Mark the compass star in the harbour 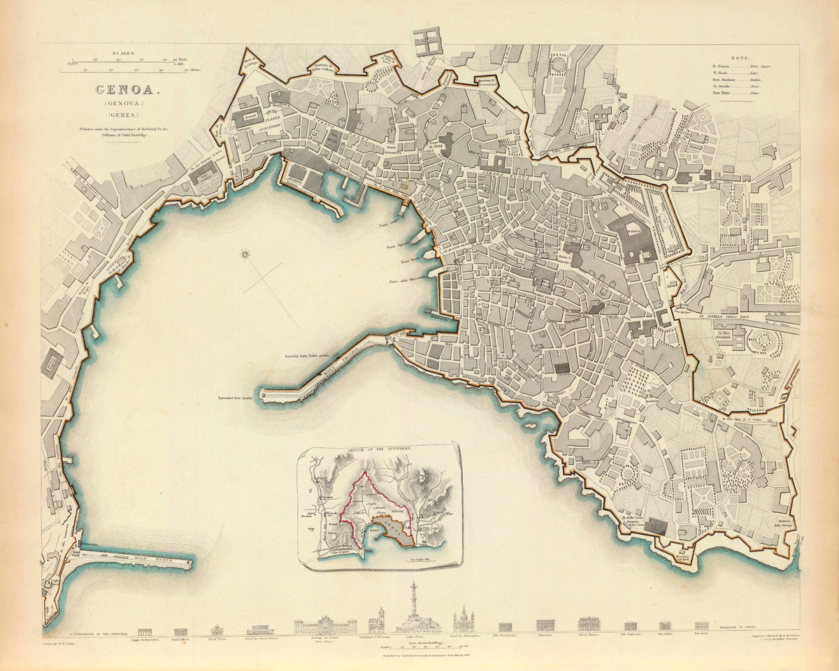[245, 255]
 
